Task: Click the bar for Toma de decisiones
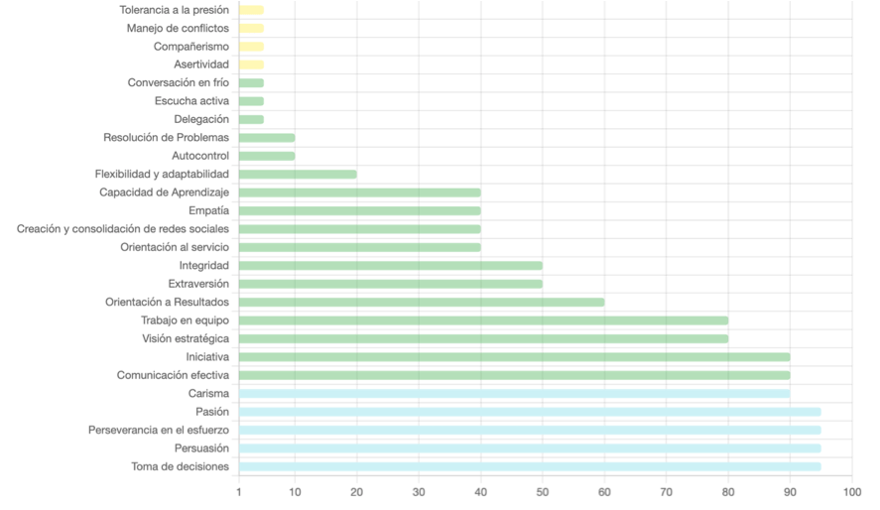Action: click(530, 466)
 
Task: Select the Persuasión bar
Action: click(530, 448)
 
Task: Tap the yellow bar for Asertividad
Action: click(251, 64)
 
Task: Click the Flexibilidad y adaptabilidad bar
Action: click(298, 174)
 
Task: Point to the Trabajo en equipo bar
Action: click(483, 320)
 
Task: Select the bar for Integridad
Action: click(391, 266)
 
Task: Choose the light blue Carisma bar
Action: click(514, 394)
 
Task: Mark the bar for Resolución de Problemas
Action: click(267, 138)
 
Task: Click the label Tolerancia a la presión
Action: click(174, 10)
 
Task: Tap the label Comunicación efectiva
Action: click(173, 375)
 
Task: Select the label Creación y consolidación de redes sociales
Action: click(123, 229)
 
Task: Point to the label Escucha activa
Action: click(191, 101)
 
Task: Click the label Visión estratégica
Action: click(186, 338)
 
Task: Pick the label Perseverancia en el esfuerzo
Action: click(159, 430)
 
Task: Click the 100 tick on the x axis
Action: click(851, 491)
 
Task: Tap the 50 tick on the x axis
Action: click(543, 491)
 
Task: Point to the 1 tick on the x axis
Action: click(239, 491)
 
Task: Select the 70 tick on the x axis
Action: click(667, 491)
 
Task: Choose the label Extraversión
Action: click(198, 284)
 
